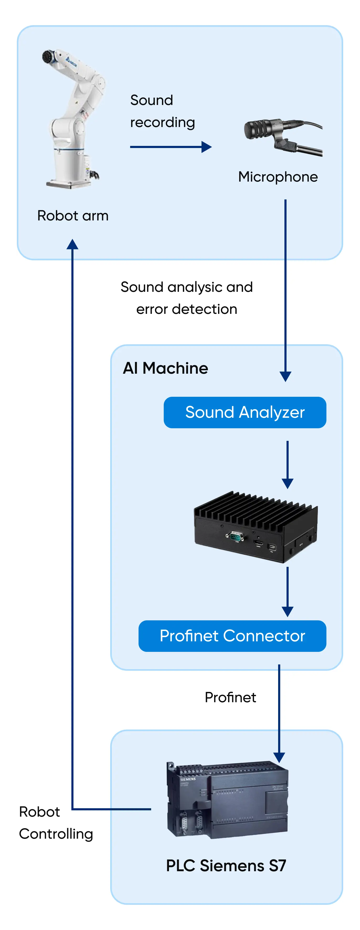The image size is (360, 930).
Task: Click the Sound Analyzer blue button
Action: tap(245, 412)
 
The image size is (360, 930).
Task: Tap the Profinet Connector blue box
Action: tap(232, 636)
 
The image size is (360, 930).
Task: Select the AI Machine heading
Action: tap(165, 368)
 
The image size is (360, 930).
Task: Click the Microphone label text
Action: tap(278, 177)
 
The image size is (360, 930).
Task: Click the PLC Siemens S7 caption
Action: tap(226, 865)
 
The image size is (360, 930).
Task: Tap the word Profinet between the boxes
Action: tap(230, 697)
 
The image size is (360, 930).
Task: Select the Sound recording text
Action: tap(162, 111)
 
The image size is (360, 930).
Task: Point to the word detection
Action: tap(204, 309)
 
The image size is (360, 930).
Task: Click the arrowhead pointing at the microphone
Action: tap(207, 147)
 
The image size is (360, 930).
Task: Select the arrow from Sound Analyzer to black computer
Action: tap(287, 464)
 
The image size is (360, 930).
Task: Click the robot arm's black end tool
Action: tap(48, 57)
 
